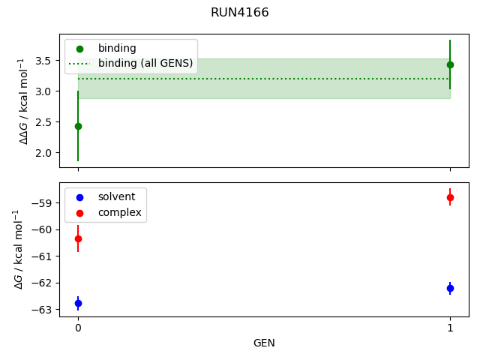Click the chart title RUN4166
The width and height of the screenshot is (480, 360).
click(239, 13)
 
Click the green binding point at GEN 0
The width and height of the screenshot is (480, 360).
click(78, 126)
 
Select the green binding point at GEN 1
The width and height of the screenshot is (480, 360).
click(450, 64)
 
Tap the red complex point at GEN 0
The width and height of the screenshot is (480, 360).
click(78, 238)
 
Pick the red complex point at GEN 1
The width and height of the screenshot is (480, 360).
click(450, 197)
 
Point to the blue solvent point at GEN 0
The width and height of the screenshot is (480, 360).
click(78, 303)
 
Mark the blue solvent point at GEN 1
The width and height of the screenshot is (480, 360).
click(450, 288)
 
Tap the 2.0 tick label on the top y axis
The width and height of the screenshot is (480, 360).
click(44, 152)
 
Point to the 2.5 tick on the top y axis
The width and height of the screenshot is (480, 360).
click(44, 121)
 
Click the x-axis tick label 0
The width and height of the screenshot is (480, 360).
click(78, 328)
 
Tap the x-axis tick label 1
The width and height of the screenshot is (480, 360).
click(450, 328)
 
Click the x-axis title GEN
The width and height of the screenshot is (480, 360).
click(264, 343)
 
